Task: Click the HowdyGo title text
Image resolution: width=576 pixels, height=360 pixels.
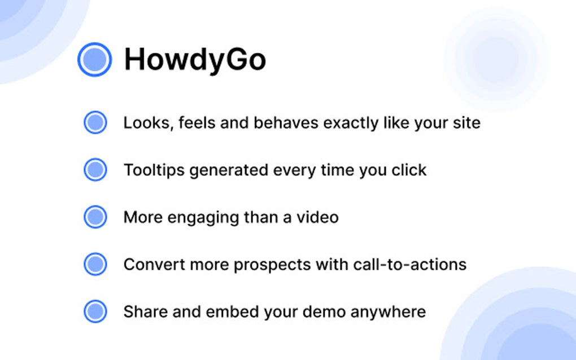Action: (195, 59)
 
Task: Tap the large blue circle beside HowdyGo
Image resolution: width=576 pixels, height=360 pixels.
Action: (94, 59)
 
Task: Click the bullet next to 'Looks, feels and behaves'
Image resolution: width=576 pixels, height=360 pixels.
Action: (95, 122)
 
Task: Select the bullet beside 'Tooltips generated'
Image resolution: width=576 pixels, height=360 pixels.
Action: (95, 170)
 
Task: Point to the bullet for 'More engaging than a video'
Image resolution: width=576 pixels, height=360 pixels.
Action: (95, 217)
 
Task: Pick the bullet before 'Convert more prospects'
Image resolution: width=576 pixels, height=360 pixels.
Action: (95, 264)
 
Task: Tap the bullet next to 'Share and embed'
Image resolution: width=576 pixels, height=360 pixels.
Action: (95, 311)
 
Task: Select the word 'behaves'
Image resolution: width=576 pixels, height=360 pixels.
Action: (284, 122)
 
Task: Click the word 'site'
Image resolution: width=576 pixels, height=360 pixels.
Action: (466, 122)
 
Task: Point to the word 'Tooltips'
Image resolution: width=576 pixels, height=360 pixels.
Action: (154, 170)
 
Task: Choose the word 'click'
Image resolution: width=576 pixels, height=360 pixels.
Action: (409, 170)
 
